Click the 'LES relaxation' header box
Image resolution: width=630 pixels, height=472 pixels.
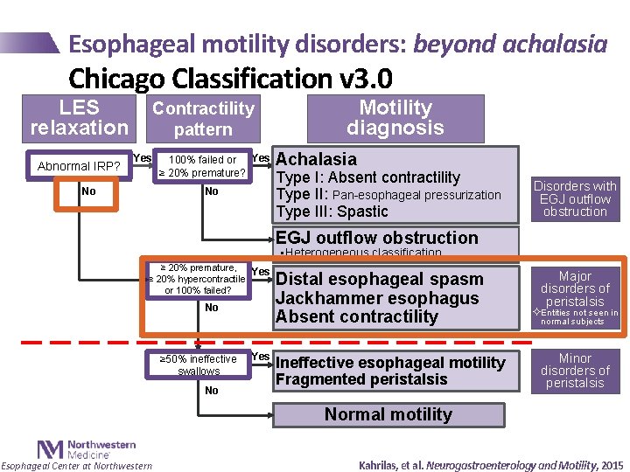(x=80, y=118)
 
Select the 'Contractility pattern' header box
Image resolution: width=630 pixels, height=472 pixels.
(x=203, y=119)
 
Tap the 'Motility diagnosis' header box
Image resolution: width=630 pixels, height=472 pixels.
(x=395, y=118)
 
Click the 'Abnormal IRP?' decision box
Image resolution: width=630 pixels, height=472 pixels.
(x=79, y=166)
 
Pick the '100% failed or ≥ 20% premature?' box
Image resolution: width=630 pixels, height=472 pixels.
(x=202, y=166)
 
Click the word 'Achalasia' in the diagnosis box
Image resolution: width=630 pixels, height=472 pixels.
(x=316, y=159)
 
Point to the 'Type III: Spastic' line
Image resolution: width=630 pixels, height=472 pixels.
(x=332, y=212)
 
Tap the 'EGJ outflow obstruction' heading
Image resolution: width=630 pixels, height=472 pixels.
(x=377, y=238)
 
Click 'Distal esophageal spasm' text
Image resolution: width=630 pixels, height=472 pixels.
(x=379, y=279)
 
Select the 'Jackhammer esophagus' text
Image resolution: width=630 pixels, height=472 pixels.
(x=377, y=298)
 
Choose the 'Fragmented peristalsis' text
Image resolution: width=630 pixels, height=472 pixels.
(x=361, y=379)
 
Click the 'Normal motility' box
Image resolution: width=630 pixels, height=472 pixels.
(x=388, y=414)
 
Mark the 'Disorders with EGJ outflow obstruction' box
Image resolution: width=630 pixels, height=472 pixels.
(x=575, y=198)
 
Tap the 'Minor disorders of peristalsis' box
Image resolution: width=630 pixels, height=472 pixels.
(x=575, y=371)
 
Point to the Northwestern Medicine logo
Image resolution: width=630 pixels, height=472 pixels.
(x=73, y=449)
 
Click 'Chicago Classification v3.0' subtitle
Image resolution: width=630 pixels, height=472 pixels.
(x=230, y=79)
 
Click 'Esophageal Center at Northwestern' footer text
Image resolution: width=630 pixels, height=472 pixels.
(x=76, y=466)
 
